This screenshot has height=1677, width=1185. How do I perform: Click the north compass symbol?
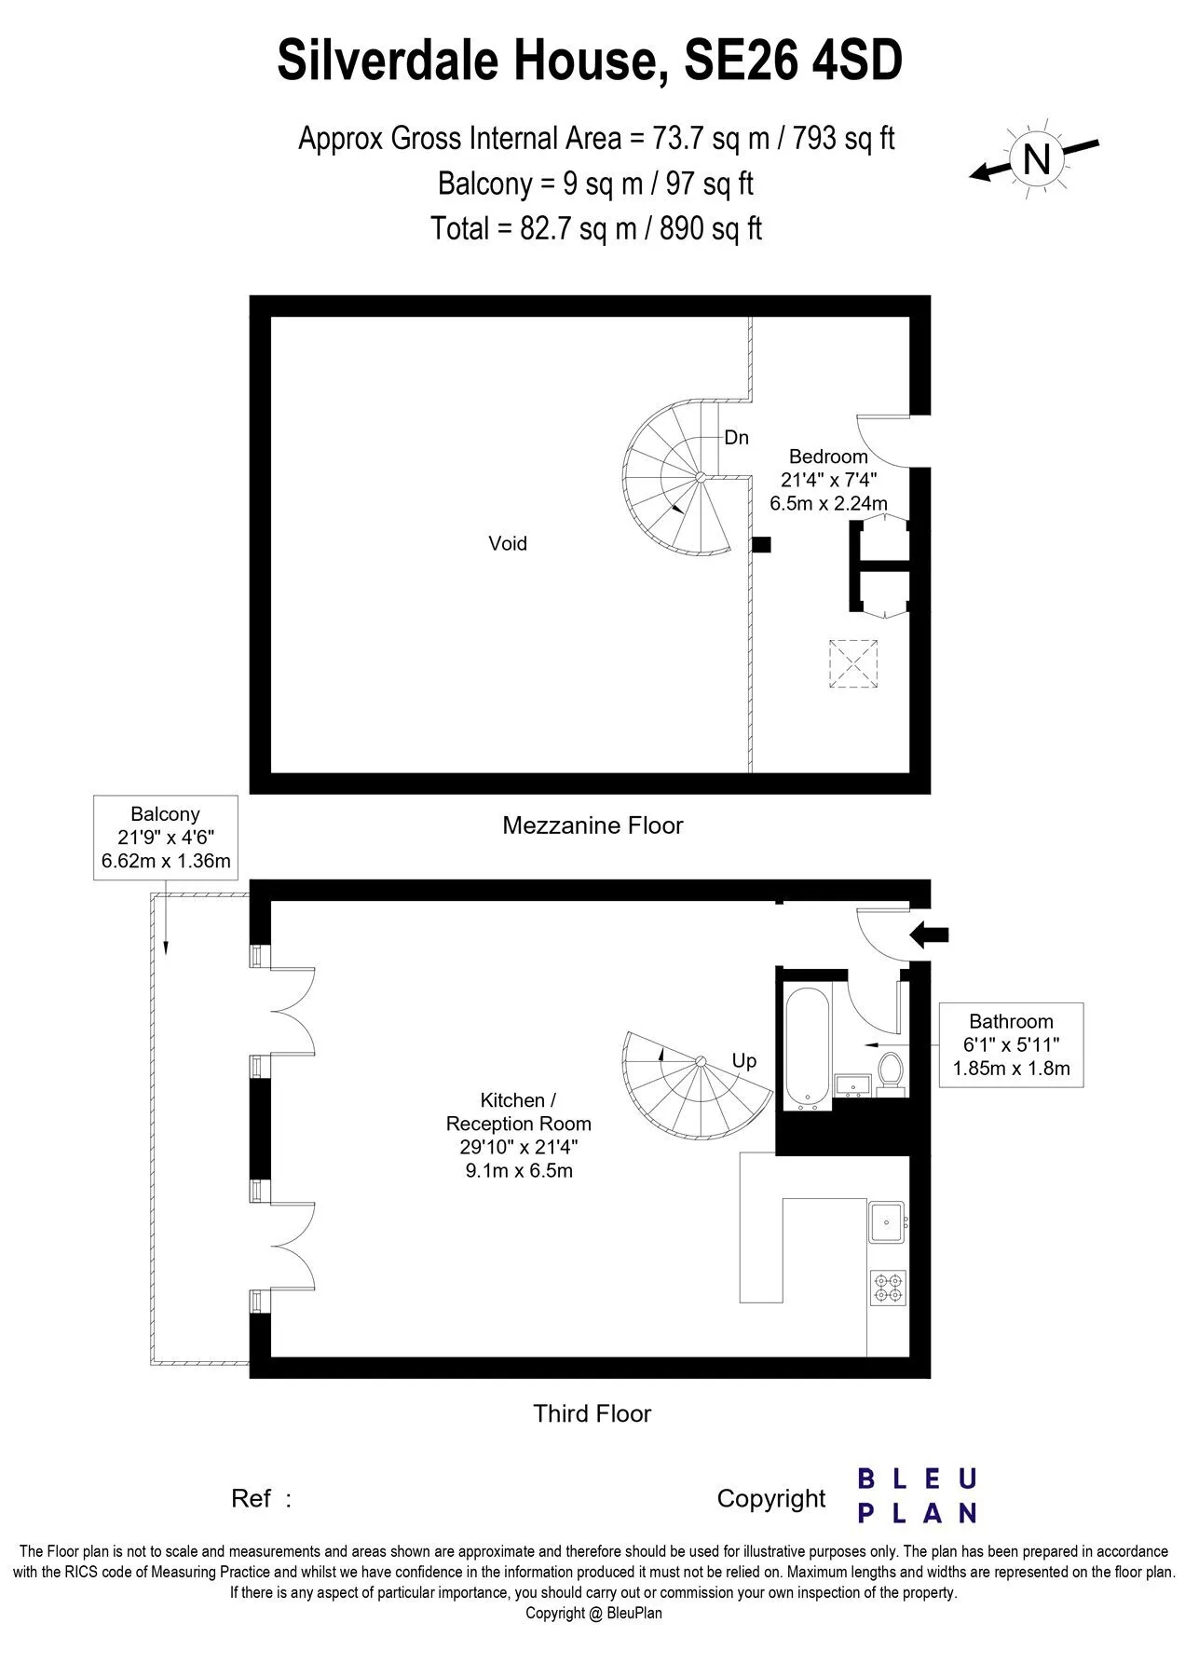pos(1035,157)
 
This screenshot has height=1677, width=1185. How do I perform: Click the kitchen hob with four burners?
pos(888,1287)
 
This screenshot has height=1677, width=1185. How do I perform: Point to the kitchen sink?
pos(888,1221)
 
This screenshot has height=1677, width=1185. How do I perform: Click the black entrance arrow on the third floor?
pos(929,934)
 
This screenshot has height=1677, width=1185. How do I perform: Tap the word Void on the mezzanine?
pos(508,543)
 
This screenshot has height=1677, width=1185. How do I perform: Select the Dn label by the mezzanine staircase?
pos(737,437)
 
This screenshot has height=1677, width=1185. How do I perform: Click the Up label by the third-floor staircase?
pos(744,1060)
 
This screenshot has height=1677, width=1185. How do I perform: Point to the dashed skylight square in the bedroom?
pos(853,663)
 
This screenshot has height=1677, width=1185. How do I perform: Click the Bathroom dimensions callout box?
pos(1011,1044)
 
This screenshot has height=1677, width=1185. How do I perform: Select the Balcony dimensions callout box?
pos(166,837)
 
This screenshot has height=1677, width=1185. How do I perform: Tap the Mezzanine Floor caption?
pos(592,825)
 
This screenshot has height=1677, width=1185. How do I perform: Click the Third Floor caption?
pos(592,1413)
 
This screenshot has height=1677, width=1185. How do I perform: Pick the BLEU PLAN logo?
pos(917,1496)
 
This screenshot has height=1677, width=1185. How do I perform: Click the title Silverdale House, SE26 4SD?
pos(590,61)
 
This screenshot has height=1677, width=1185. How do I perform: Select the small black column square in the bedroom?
pos(761,545)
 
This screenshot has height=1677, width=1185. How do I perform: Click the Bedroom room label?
pos(828,457)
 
